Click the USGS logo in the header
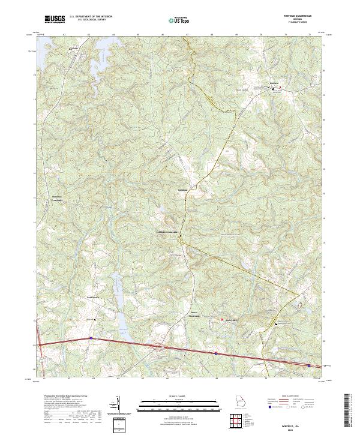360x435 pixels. [55, 20]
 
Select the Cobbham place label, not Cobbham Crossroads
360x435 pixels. [182, 190]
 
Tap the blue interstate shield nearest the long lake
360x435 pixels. [91, 338]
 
